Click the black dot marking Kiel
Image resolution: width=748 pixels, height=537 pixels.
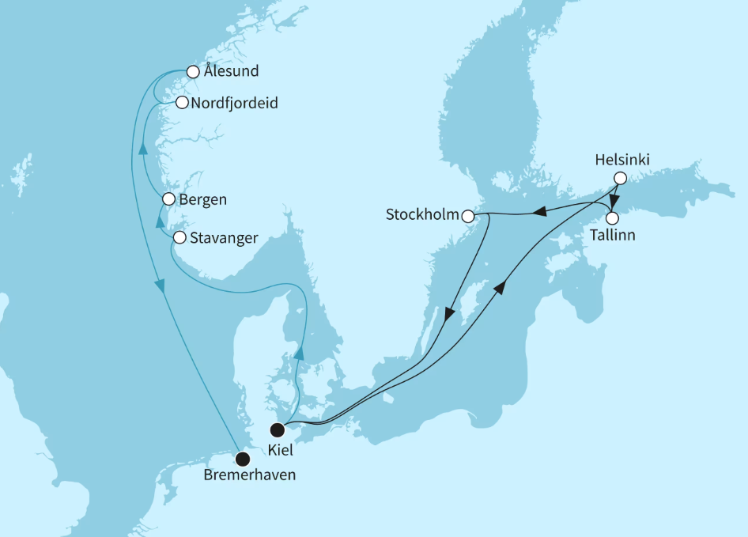[x=278, y=430]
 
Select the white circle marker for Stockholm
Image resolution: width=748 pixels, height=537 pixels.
[x=468, y=216]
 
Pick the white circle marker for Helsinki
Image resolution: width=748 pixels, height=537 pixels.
[x=621, y=178]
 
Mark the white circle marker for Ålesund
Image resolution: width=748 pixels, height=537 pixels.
[x=191, y=72]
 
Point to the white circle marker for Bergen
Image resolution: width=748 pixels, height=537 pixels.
[x=168, y=199]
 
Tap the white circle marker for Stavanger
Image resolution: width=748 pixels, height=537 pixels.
[x=179, y=237]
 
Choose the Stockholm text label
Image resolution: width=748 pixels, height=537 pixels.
[x=422, y=215]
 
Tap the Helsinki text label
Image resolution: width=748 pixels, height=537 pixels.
[x=622, y=160]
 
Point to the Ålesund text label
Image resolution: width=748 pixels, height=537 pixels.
[x=231, y=72]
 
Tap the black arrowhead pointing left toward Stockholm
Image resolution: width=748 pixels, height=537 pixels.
[x=539, y=211]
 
